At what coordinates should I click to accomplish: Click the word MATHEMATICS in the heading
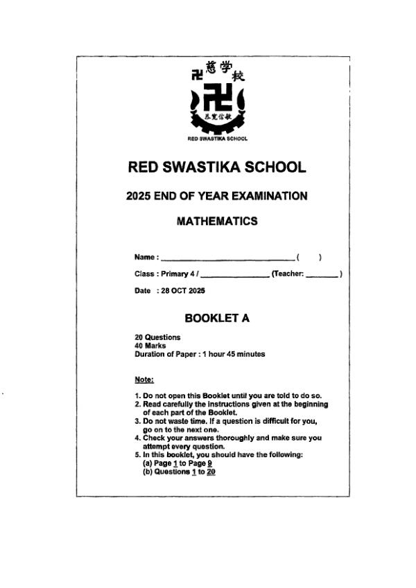click(x=217, y=222)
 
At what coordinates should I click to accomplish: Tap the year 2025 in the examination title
click(x=139, y=196)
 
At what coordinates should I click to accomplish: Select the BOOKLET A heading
click(x=217, y=319)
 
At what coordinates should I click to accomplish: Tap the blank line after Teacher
click(x=322, y=274)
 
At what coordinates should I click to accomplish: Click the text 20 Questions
click(x=157, y=337)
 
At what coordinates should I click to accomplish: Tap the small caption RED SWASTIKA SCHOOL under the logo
click(x=218, y=139)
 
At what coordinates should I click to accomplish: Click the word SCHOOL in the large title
click(x=274, y=168)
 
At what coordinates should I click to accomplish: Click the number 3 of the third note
click(x=137, y=421)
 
